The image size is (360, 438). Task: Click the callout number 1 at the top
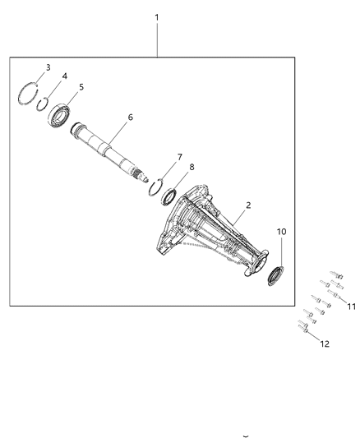coord(156,16)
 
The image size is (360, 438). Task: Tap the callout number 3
coord(48,67)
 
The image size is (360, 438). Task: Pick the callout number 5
coord(81,86)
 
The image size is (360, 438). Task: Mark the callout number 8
coord(192,167)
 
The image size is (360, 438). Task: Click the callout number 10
coord(281,233)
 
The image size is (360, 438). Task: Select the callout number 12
coord(324,343)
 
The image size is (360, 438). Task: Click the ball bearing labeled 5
coord(61,111)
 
